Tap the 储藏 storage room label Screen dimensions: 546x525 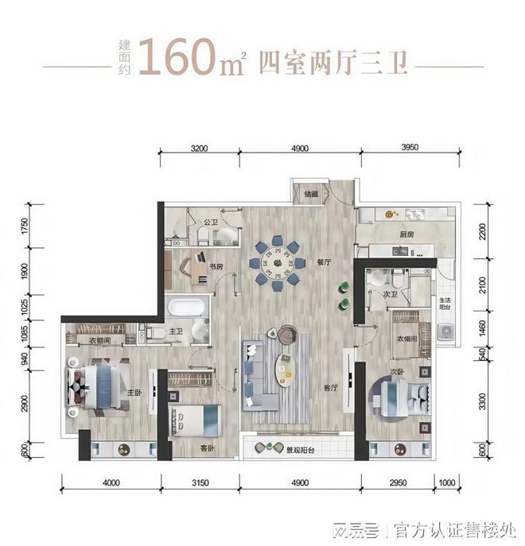[310, 194]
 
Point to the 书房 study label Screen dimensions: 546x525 [216, 267]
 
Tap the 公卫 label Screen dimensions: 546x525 [210, 223]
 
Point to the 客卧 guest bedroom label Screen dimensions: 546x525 [207, 450]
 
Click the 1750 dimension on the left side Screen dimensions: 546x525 [25, 229]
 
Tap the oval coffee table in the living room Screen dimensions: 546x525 [283, 369]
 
